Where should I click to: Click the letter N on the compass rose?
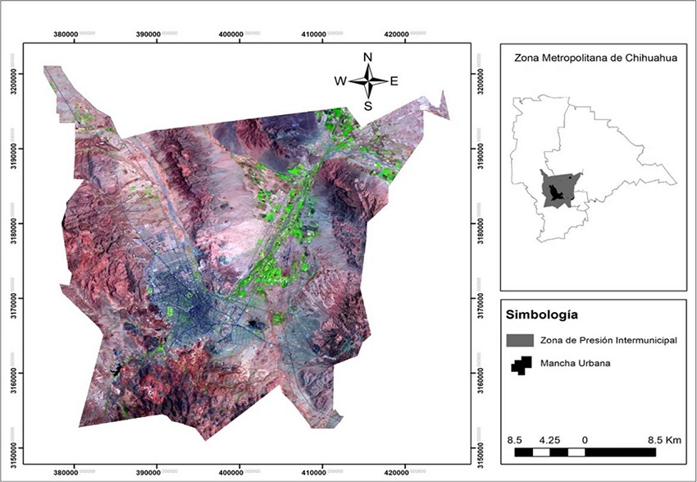(368, 57)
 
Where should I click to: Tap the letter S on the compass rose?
(368, 105)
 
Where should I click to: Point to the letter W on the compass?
(339, 80)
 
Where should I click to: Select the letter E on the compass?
(394, 80)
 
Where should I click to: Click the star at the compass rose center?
(368, 80)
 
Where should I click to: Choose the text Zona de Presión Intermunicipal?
(608, 340)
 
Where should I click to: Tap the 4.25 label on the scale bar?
(551, 440)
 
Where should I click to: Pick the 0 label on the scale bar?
(585, 440)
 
